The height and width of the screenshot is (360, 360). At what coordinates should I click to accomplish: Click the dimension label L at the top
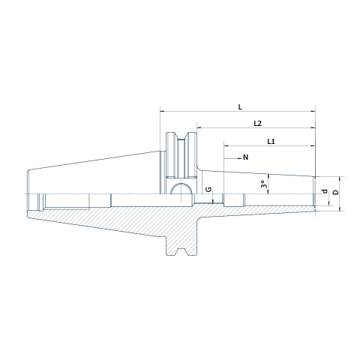pos(240,107)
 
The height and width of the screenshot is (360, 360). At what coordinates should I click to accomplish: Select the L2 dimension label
pos(257,124)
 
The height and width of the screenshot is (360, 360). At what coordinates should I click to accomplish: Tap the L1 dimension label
pos(271,142)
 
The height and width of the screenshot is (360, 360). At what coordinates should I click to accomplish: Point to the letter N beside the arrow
pos(245,157)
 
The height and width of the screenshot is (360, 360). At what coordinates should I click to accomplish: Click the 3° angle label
pos(263,184)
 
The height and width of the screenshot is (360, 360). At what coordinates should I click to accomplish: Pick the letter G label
pos(208,190)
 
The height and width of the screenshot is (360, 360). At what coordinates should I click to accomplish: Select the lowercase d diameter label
pos(325,191)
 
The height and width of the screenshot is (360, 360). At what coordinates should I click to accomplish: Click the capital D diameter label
pos(336,192)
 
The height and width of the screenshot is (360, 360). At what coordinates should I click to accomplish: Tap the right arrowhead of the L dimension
pos(313,111)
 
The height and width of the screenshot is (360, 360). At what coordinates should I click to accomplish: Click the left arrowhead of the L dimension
pos(163,111)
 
